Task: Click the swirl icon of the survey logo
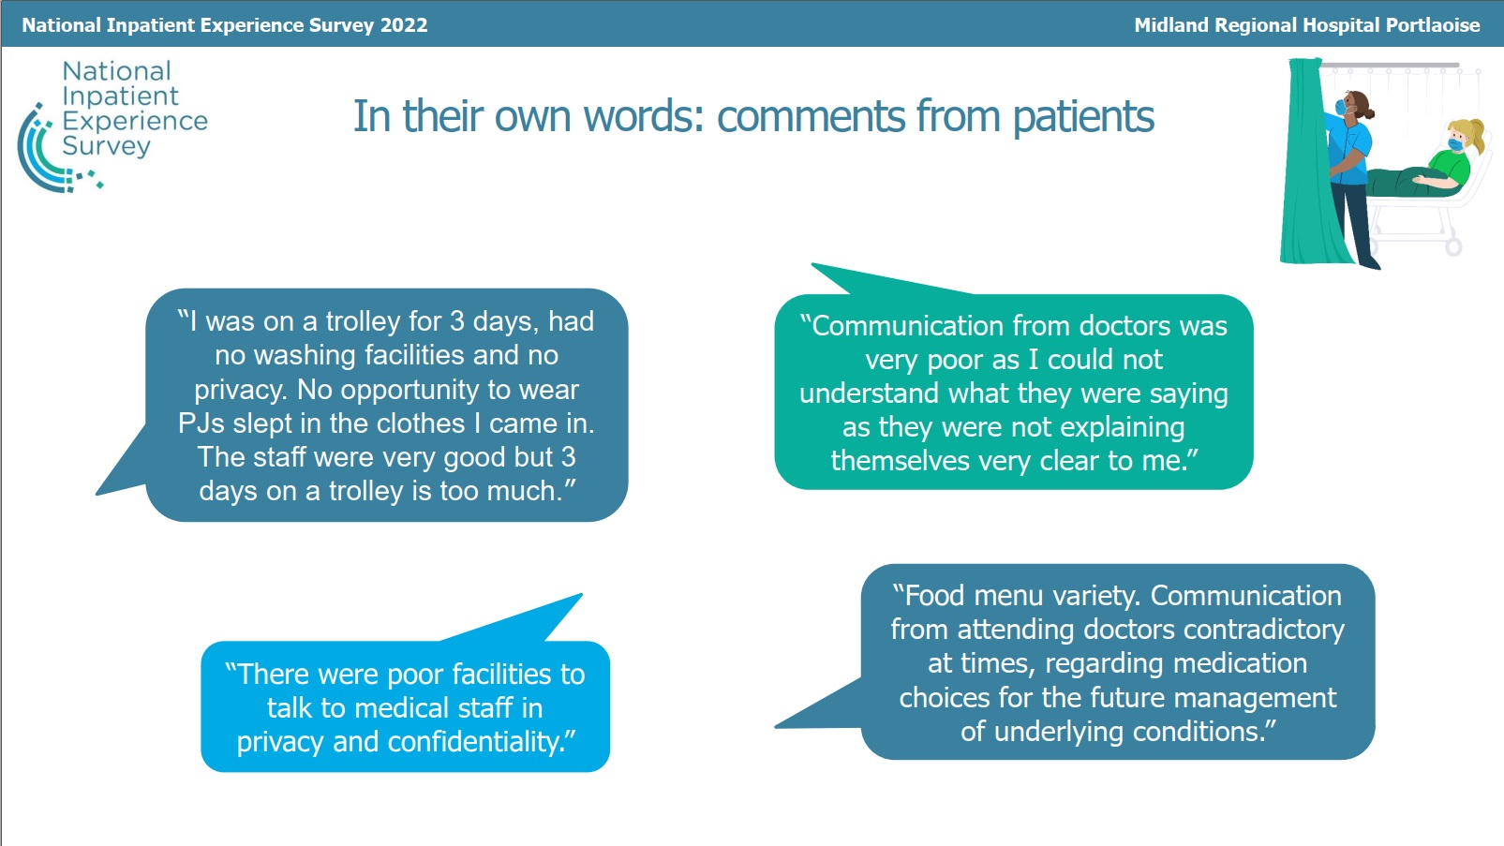pyautogui.click(x=57, y=150)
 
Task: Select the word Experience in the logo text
pyautogui.click(x=135, y=122)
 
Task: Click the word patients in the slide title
pyautogui.click(x=1083, y=117)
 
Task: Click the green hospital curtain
pyautogui.click(x=1309, y=161)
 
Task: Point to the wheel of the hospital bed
pyautogui.click(x=1453, y=247)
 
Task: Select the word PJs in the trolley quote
pyautogui.click(x=201, y=423)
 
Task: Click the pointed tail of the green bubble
pyautogui.click(x=813, y=264)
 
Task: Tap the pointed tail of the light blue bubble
pyautogui.click(x=580, y=596)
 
